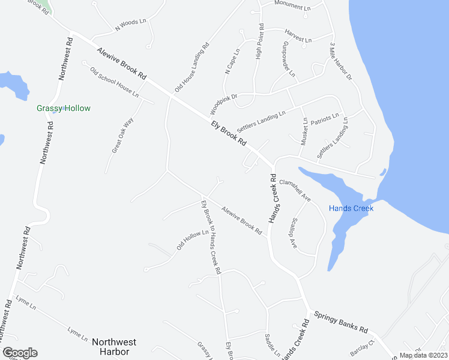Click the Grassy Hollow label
click(64, 109)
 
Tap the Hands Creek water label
click(351, 208)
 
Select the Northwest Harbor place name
click(114, 346)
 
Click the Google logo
click(20, 353)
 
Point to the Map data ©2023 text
click(424, 355)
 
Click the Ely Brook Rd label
click(229, 133)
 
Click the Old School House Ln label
click(114, 83)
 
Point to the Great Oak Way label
click(122, 136)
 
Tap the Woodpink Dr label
click(224, 104)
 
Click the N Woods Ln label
click(130, 25)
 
